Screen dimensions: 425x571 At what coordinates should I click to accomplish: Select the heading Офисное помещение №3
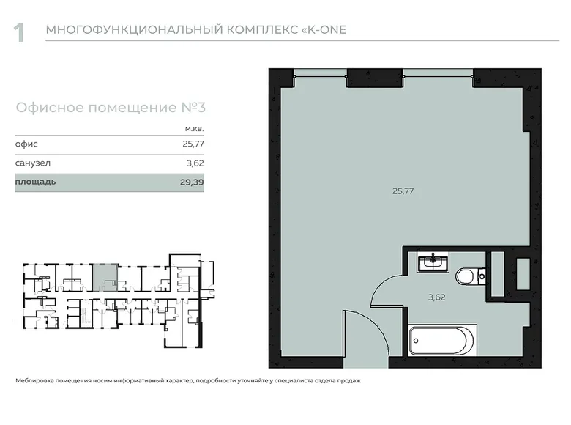coord(111,108)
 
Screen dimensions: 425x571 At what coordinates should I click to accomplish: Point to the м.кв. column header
coord(193,129)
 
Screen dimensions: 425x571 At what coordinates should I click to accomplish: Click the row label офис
coord(26,144)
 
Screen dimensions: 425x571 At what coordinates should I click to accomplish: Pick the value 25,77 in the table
coord(193,144)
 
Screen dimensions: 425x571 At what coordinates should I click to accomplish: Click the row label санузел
coord(32,163)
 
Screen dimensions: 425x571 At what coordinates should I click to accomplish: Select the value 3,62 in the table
coord(194,163)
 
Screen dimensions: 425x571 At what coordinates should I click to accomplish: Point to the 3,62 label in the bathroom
coord(436,297)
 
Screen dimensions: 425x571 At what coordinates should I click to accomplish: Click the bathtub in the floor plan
coord(443,339)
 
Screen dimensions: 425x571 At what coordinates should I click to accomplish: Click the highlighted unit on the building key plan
coord(105,277)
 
